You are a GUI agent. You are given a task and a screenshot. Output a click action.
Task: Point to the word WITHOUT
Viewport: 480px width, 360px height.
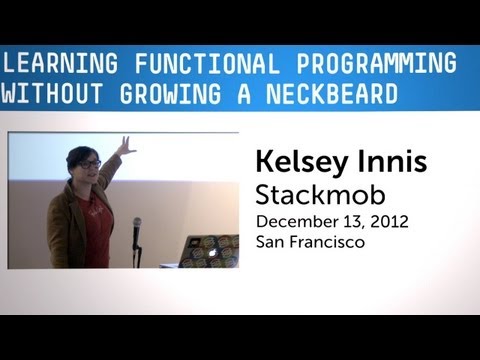click(45, 95)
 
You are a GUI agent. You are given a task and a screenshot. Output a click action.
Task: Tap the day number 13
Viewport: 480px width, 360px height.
click(350, 221)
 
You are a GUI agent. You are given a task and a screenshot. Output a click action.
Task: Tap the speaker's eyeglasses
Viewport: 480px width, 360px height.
click(89, 163)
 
